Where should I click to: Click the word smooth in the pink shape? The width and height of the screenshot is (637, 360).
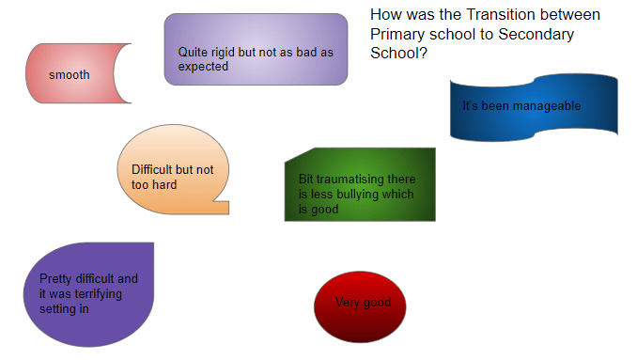[x=70, y=75]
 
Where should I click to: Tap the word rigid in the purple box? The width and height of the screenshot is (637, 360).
[x=223, y=53]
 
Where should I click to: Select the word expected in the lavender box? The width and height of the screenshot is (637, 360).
[x=203, y=67]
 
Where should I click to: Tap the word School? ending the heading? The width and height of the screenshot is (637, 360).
[x=398, y=53]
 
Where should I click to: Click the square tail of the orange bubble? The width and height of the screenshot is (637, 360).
[x=221, y=207]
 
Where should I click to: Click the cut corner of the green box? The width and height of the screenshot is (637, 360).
[x=300, y=155]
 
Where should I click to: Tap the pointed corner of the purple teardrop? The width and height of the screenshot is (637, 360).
[x=153, y=243]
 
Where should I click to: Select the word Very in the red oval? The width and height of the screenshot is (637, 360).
[x=348, y=303]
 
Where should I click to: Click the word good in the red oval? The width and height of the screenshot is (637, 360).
[x=378, y=303]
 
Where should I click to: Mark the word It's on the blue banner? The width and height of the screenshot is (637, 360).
[x=470, y=106]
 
